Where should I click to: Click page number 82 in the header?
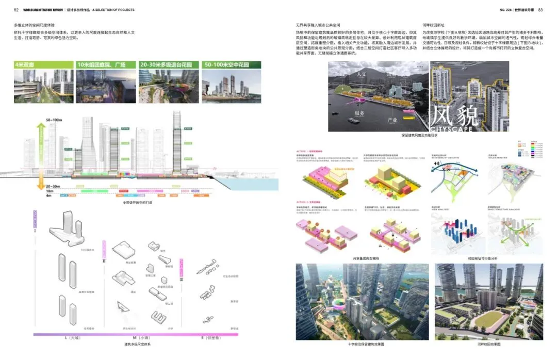click(16, 10)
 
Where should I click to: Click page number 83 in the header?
click(540, 10)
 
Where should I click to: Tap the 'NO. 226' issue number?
click(506, 10)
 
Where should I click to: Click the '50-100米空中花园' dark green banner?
click(227, 64)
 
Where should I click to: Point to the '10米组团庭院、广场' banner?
click(105, 64)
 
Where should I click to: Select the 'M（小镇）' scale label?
click(139, 338)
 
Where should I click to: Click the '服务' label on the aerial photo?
click(359, 113)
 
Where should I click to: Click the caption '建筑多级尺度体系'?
click(138, 344)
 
